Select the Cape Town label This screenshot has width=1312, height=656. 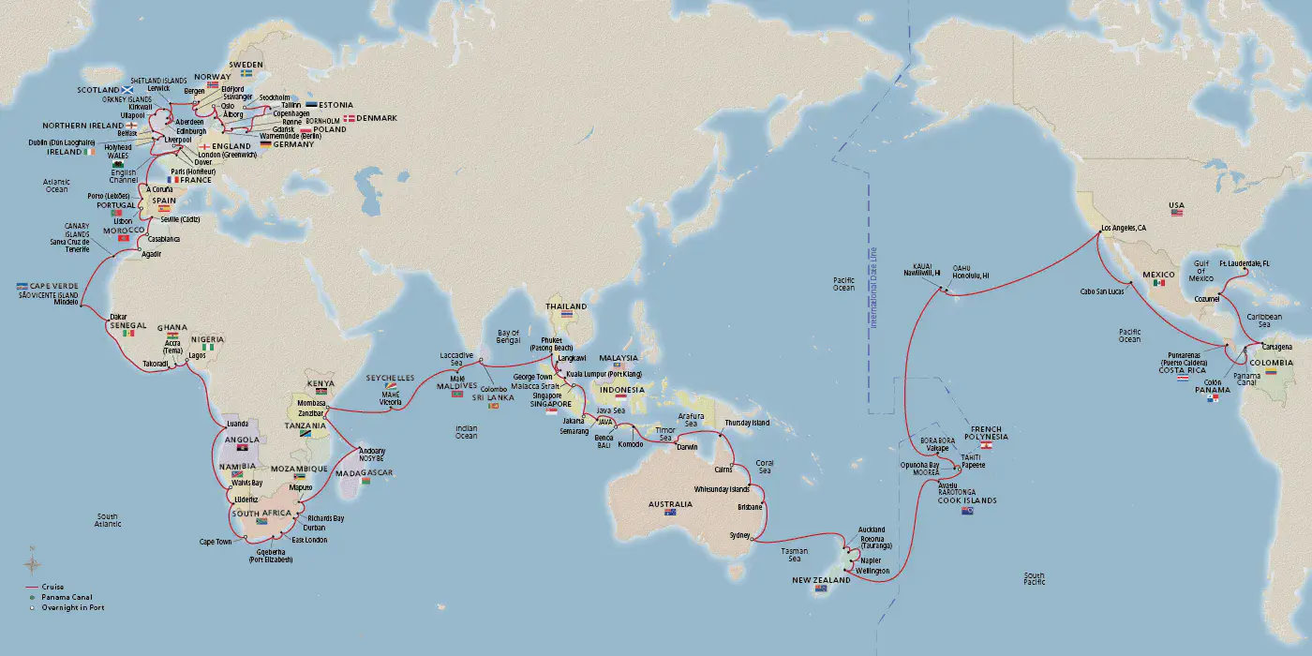click(x=216, y=541)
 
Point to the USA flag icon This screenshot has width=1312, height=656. click(x=1177, y=214)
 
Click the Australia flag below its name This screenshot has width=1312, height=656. click(x=669, y=513)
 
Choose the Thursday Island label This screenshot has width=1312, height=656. click(x=747, y=423)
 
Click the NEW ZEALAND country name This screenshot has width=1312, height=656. click(x=823, y=580)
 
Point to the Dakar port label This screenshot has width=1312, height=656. click(x=119, y=316)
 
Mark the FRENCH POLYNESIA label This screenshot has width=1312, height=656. click(x=991, y=432)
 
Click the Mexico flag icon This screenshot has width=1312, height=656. click(x=1159, y=282)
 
